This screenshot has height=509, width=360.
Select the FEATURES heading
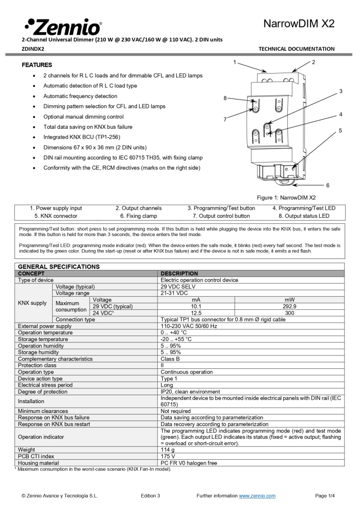pos(37,65)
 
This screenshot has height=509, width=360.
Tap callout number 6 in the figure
pos(328,185)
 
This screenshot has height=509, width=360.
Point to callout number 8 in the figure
pos(225,98)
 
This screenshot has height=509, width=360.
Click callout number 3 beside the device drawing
pos(341,91)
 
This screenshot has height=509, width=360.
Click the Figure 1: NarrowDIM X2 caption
pos(286,197)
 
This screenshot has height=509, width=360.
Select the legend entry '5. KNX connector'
pos(56,216)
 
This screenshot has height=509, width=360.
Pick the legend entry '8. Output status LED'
pos(304,216)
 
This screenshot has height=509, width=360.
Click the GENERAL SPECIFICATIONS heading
pos(59,266)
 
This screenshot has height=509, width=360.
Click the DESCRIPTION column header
pos(179,273)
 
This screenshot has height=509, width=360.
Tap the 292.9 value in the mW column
pos(289,306)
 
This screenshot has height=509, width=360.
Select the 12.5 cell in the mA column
pos(196,313)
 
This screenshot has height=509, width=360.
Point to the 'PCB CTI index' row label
pos(36,456)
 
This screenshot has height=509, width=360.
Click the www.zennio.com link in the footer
pos(257,496)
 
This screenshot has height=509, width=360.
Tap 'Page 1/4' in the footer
pos(325,496)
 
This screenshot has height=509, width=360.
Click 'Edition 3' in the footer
pos(150,496)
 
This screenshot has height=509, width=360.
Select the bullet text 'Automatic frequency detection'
pos(80,96)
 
